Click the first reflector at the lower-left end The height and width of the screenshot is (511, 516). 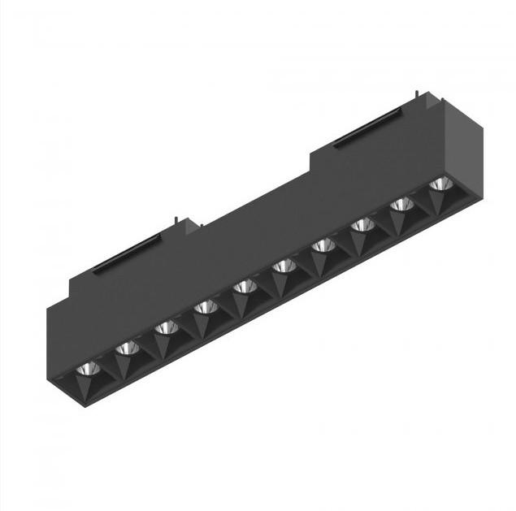[89, 369]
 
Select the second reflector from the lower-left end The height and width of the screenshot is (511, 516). [128, 349]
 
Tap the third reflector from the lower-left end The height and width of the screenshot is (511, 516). [167, 327]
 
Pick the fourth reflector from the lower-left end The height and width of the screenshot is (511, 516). [206, 307]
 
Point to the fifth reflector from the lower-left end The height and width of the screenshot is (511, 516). [245, 286]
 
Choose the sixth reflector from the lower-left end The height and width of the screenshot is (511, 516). [284, 266]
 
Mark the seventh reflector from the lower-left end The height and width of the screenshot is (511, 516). [323, 245]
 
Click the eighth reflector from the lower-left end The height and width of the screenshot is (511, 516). [362, 224]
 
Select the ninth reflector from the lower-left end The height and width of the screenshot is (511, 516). [401, 204]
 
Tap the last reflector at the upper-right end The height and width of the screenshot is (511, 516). [440, 184]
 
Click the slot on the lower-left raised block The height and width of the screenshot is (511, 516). [126, 255]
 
